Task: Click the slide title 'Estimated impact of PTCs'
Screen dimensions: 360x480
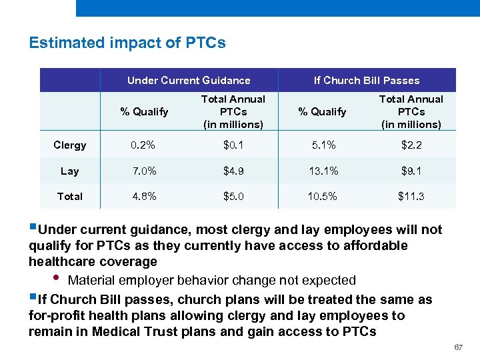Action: (x=127, y=43)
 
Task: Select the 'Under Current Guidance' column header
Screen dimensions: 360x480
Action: (x=189, y=81)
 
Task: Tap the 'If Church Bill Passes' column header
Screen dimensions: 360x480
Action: (x=367, y=81)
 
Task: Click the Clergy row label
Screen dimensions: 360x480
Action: (x=70, y=145)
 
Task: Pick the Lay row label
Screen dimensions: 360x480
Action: (x=70, y=171)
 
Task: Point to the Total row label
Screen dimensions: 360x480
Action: (x=70, y=196)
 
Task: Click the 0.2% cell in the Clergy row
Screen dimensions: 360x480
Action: (x=144, y=145)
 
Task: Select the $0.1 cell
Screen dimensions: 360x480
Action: (x=233, y=145)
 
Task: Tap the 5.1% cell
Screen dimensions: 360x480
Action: (x=323, y=145)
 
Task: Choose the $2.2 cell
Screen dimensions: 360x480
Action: (x=411, y=145)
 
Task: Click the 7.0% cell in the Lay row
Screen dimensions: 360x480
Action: (x=144, y=171)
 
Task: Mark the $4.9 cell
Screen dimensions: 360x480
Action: (x=233, y=171)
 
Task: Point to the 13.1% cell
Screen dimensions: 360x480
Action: (x=323, y=171)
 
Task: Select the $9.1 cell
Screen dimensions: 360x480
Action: (x=411, y=171)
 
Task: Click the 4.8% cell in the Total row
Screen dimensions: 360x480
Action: (x=144, y=196)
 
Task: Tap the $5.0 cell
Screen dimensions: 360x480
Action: (x=233, y=196)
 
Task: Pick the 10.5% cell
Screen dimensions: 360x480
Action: (x=323, y=196)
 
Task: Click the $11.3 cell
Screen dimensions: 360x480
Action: (x=411, y=196)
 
